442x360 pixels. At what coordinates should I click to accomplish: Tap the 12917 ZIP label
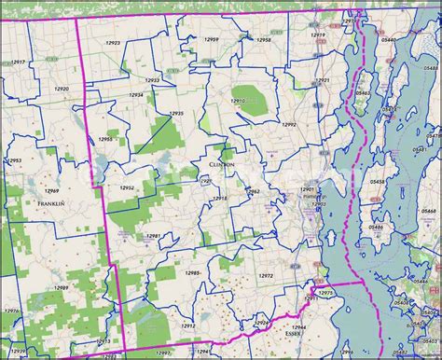click(18, 62)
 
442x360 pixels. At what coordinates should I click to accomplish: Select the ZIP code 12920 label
click(62, 89)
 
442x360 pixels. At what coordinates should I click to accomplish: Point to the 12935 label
click(175, 114)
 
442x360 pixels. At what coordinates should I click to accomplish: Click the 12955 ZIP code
click(105, 140)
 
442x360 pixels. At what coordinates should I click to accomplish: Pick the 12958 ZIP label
click(265, 41)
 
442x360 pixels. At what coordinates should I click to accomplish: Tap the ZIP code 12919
click(318, 35)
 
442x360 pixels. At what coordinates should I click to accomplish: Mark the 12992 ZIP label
click(289, 124)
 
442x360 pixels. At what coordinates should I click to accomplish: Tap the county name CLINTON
click(215, 162)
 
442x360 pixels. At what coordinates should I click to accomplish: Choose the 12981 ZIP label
click(154, 237)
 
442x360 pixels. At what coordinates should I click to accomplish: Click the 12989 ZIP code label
click(61, 289)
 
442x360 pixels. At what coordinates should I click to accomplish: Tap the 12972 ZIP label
click(266, 277)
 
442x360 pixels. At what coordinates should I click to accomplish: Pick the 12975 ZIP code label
click(325, 294)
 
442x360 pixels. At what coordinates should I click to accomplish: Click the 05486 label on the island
click(375, 227)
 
